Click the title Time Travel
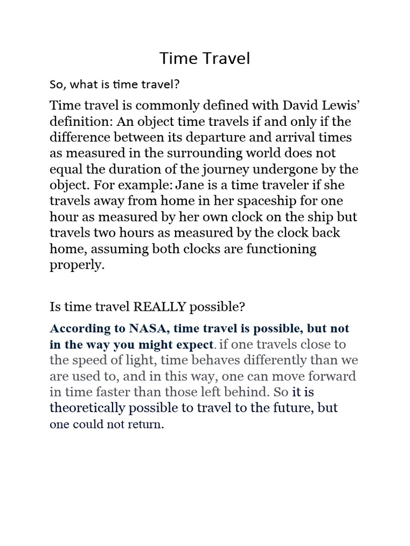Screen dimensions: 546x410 point(204,59)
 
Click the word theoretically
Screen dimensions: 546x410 point(91,408)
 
